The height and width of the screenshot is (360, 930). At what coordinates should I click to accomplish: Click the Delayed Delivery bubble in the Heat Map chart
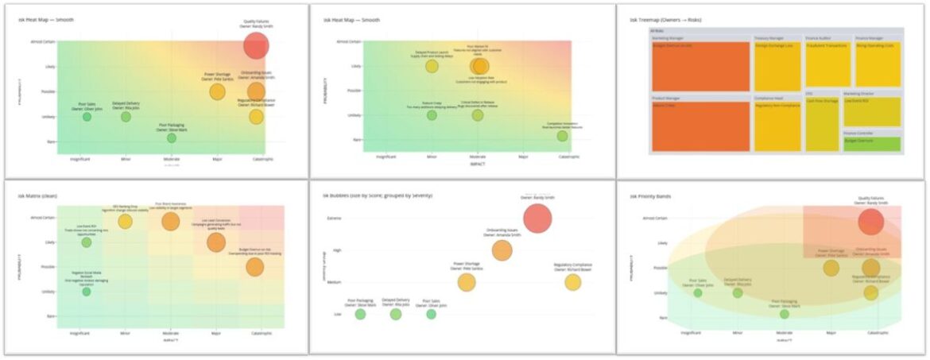tap(126, 117)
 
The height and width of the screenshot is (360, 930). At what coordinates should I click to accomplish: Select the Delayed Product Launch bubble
tap(432, 66)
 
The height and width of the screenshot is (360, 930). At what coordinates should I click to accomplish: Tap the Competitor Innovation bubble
tap(562, 136)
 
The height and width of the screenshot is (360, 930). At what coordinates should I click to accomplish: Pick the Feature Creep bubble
tap(432, 115)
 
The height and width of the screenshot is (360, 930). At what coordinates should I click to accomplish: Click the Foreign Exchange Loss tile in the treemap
tap(777, 66)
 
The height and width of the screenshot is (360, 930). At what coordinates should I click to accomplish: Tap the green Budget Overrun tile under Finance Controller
tap(871, 144)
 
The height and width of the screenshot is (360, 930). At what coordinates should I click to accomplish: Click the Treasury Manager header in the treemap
tap(769, 38)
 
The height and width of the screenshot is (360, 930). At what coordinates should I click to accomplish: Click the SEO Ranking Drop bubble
tap(125, 222)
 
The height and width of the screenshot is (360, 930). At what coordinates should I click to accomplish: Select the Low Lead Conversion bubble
tap(216, 242)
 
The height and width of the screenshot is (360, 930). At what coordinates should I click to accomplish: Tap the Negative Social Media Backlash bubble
tap(87, 292)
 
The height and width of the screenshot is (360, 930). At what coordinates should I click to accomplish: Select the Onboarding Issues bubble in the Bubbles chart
tap(502, 250)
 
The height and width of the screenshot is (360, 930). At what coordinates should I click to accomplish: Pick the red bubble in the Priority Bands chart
tap(871, 223)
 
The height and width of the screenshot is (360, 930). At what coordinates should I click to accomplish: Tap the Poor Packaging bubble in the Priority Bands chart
tap(785, 314)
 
